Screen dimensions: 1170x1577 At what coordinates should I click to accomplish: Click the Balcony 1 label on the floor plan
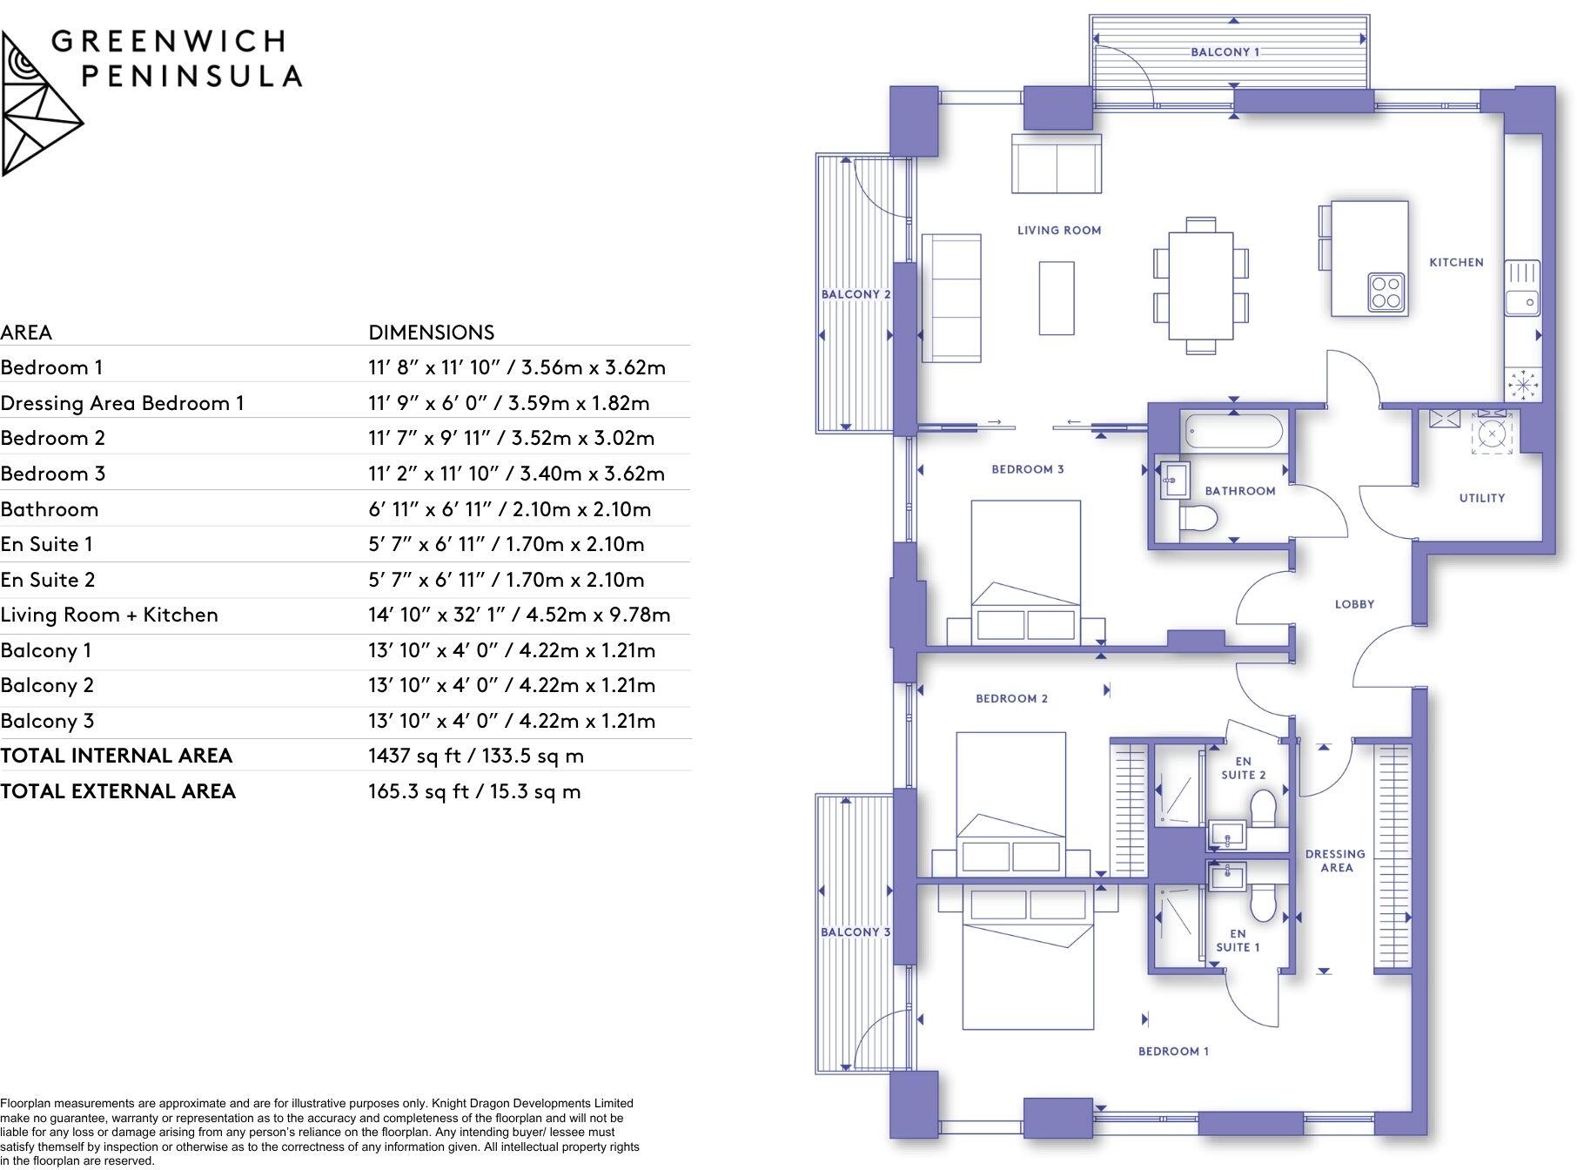[x=1225, y=52]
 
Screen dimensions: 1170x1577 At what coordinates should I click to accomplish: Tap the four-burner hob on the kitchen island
[x=1386, y=292]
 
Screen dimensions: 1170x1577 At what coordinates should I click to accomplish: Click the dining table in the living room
[x=1200, y=286]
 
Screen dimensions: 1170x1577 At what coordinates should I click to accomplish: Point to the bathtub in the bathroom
[x=1232, y=431]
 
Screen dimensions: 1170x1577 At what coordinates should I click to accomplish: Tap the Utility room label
[x=1481, y=498]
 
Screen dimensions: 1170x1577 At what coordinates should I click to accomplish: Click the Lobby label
[x=1354, y=603]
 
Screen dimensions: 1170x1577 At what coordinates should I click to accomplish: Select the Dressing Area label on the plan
[x=1335, y=860]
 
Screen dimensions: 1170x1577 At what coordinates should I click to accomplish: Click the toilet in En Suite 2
[x=1262, y=809]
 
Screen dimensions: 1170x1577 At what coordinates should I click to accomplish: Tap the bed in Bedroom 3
[x=1025, y=570]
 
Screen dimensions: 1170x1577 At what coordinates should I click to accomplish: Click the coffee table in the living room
[x=1056, y=298]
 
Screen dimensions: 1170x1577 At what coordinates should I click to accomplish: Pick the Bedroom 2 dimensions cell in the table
[x=511, y=438]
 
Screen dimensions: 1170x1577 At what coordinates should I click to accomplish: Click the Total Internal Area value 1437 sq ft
[x=475, y=756]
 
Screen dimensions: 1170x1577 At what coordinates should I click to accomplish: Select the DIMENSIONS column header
[x=431, y=332]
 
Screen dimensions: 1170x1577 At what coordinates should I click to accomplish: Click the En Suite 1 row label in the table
[x=46, y=544]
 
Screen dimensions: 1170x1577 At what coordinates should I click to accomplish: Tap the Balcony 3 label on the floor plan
[x=855, y=931]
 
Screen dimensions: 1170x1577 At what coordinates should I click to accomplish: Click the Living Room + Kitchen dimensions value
[x=519, y=615]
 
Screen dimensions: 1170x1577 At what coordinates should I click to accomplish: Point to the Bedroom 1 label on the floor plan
[x=1172, y=1051]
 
